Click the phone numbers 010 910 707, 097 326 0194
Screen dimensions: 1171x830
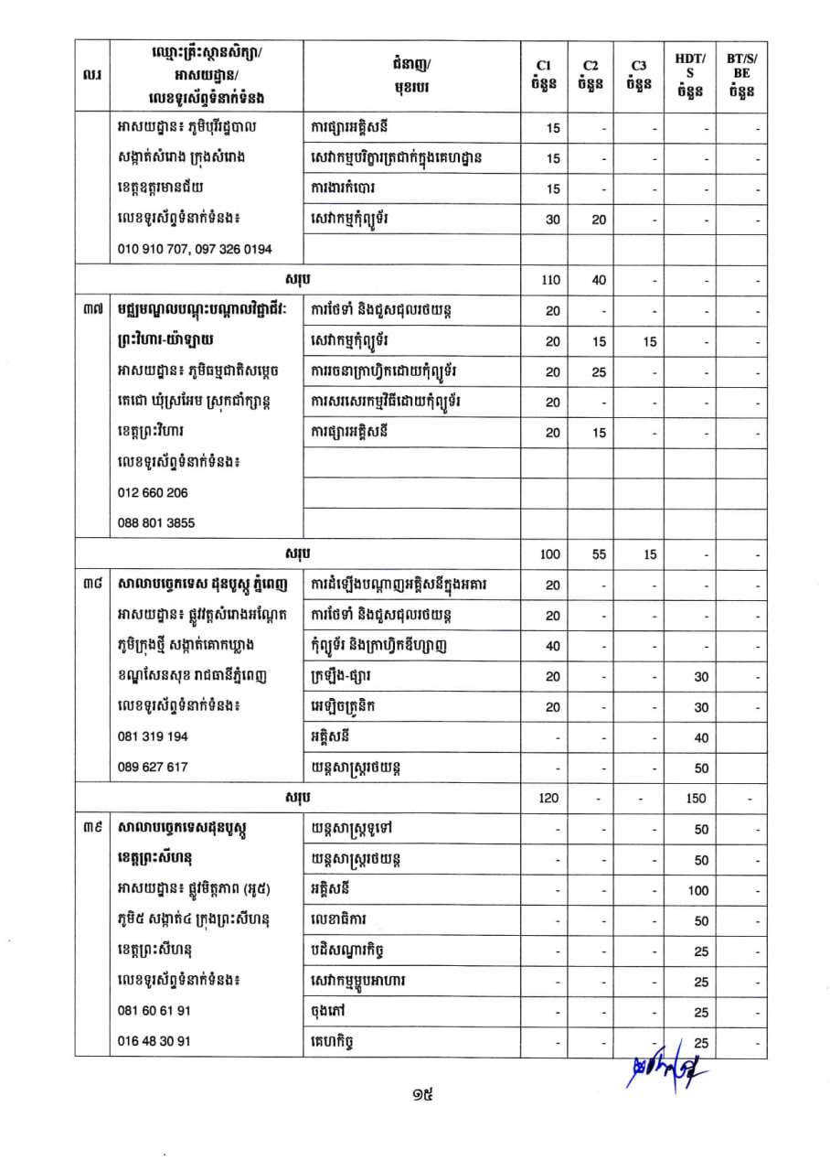point(195,249)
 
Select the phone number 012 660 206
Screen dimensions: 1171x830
point(153,492)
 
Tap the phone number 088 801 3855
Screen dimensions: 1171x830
point(156,523)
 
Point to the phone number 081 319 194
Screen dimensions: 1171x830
point(153,736)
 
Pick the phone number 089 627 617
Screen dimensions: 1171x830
point(153,768)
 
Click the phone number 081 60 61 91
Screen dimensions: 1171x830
point(154,1011)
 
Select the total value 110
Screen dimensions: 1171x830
point(550,281)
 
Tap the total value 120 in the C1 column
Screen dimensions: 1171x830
point(548,798)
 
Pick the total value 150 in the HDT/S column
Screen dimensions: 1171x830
point(696,798)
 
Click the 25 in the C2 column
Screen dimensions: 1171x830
point(599,371)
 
